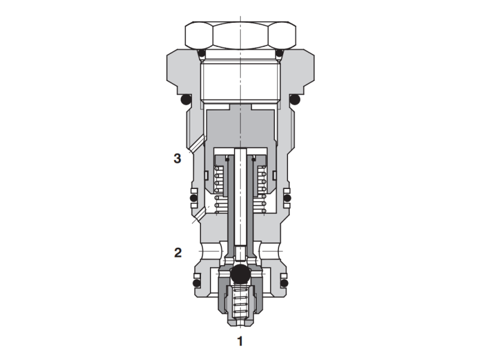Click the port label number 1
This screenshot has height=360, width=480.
tap(240, 342)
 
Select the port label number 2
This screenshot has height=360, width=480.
tap(177, 253)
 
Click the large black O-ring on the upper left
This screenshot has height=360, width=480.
tap(186, 99)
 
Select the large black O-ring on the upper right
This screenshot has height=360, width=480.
tap(294, 99)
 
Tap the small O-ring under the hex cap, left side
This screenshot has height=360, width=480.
tap(202, 54)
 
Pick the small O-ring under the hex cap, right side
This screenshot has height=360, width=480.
tap(278, 54)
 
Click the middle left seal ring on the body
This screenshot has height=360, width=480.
tap(193, 197)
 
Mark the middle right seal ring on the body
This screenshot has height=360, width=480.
tap(287, 197)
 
